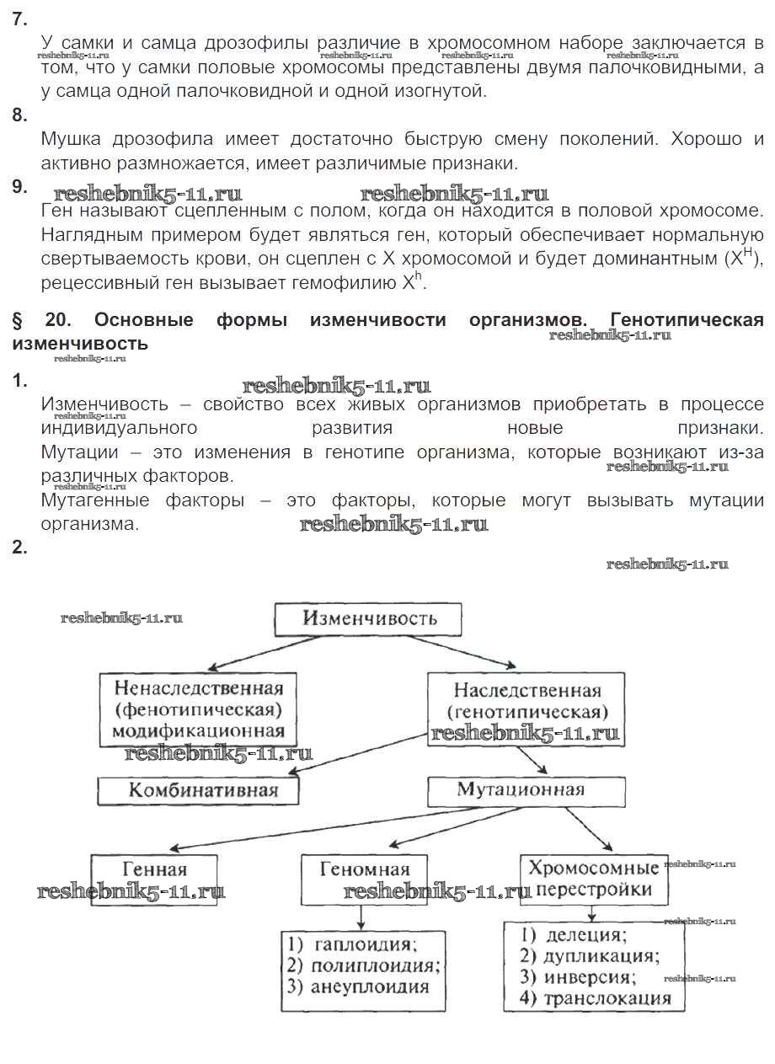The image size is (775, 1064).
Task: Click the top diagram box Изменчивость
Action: [368, 619]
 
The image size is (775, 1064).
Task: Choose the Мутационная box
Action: [526, 790]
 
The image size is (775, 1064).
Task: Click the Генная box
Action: [154, 879]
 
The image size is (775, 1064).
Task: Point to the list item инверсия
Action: [587, 977]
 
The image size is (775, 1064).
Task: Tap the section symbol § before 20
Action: [17, 320]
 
